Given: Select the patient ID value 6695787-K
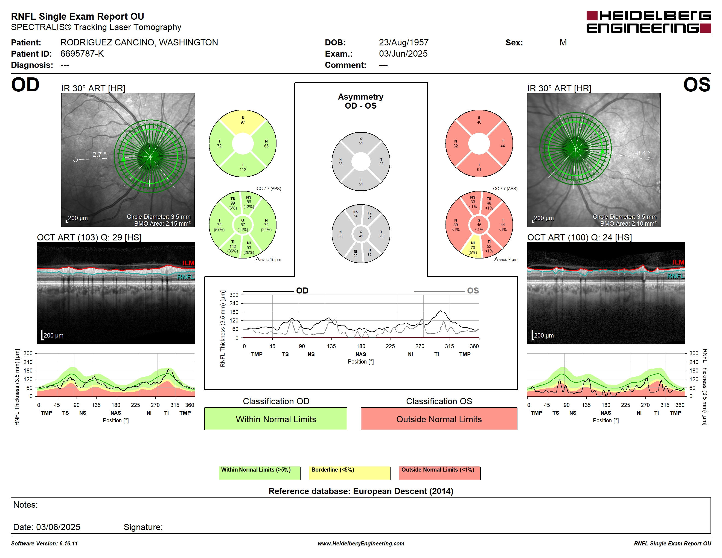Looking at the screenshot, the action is (82, 54).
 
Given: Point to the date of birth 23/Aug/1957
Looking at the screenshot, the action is (403, 42).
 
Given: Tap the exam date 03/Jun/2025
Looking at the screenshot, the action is (403, 54).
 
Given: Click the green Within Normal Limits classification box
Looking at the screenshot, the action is (276, 419).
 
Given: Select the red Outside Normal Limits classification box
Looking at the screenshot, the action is (439, 419).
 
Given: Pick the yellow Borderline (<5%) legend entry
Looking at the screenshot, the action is (350, 473).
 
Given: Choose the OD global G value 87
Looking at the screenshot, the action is (243, 225).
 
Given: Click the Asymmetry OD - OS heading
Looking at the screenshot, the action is (361, 101).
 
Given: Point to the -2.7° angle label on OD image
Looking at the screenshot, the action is (98, 154).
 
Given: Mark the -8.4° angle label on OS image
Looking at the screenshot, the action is (642, 153).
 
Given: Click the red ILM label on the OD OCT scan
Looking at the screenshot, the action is (188, 263).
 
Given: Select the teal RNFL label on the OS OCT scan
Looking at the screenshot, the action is (676, 276).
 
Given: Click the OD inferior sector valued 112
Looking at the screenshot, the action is (243, 167).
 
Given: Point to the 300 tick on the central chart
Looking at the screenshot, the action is (234, 295).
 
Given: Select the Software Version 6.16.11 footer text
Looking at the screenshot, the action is (45, 544).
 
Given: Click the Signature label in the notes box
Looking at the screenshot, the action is (143, 527).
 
